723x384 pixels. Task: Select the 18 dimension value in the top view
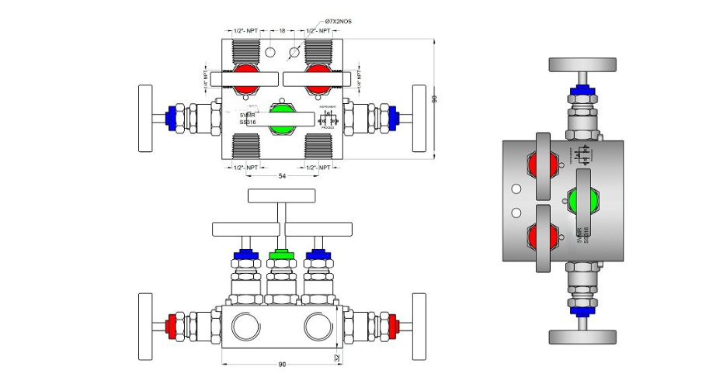(282, 31)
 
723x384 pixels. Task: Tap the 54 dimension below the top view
(282, 178)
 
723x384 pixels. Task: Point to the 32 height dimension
(338, 358)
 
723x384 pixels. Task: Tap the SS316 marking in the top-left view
(248, 122)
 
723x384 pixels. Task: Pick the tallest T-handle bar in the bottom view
(282, 195)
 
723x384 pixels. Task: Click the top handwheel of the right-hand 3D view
(583, 65)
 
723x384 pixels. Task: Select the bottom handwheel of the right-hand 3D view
(583, 336)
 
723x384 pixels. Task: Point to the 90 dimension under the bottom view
(282, 363)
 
